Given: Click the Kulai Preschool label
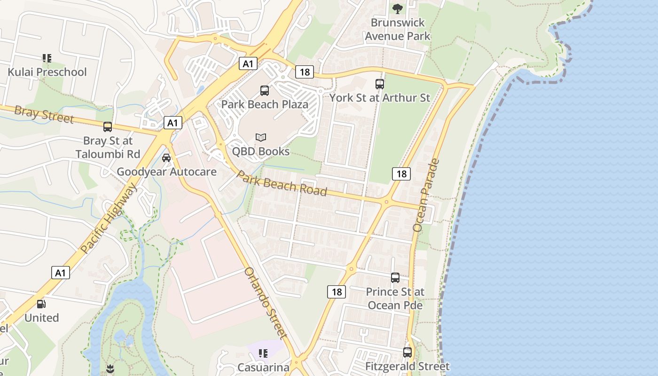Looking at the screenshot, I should coord(47,72).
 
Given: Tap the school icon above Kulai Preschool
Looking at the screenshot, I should coord(47,58).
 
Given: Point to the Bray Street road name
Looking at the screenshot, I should coord(44,115).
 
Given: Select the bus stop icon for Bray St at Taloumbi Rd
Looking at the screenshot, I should coord(108,126).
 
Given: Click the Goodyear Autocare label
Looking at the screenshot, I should coord(166,172).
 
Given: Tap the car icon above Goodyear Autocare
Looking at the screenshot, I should coord(166,158).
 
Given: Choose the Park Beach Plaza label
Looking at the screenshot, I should coord(265,104).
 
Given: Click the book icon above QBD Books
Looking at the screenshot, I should coord(261,138).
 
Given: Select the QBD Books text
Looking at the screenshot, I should coord(261,151).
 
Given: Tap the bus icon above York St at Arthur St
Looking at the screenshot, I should coord(380,84).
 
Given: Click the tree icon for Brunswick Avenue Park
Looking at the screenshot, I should coord(398,8).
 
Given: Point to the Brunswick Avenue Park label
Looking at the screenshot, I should coord(398,29).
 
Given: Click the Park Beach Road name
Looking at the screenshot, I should coord(281,183).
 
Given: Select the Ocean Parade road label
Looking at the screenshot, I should coord(426,195).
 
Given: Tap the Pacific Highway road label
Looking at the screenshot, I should coord(109,219).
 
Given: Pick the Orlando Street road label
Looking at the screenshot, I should coord(266,303).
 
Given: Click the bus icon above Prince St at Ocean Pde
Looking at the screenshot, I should coord(395,278).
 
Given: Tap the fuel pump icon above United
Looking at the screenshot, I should coord(41,304).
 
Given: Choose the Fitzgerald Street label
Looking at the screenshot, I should coord(407,366).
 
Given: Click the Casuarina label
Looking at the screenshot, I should coord(263,367).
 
